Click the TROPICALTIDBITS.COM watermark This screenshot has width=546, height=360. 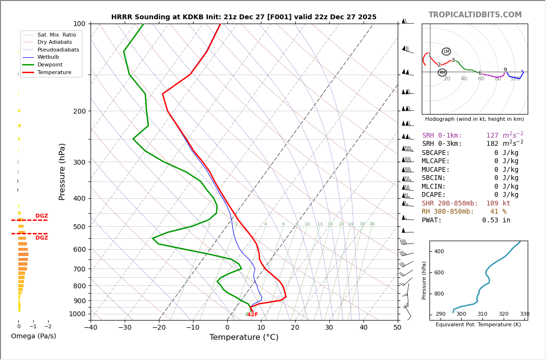pyautogui.click(x=475, y=15)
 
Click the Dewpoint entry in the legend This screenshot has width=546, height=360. pyautogui.click(x=51, y=64)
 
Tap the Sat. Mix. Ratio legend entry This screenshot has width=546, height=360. pyautogui.click(x=56, y=35)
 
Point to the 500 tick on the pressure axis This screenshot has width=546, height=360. pyautogui.click(x=78, y=227)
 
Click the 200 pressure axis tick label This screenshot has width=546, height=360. pyautogui.click(x=78, y=111)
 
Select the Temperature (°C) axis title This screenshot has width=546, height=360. pyautogui.click(x=244, y=338)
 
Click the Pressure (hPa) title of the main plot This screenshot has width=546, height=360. pyautogui.click(x=62, y=171)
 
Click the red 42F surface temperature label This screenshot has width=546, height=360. pyautogui.click(x=252, y=315)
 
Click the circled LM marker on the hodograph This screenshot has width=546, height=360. pyautogui.click(x=446, y=51)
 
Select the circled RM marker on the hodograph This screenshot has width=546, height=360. pyautogui.click(x=442, y=73)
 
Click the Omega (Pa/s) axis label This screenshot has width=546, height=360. pyautogui.click(x=33, y=336)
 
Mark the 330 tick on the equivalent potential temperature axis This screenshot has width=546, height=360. pyautogui.click(x=524, y=314)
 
